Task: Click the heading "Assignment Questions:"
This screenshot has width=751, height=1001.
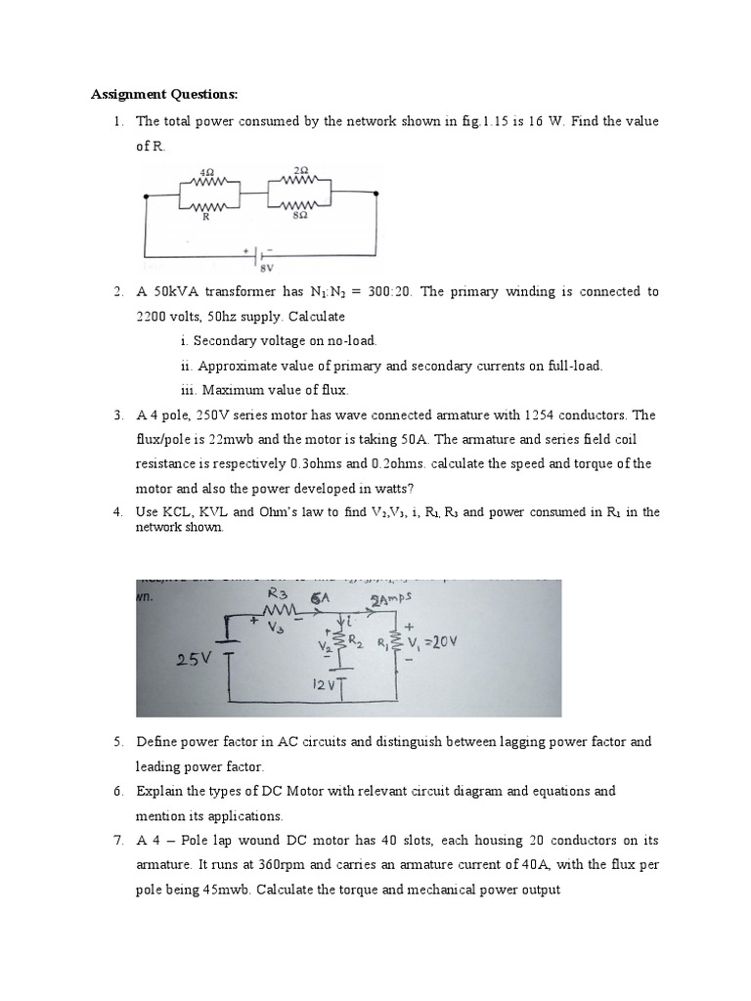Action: [164, 95]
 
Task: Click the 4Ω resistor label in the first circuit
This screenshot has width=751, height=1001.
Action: [206, 170]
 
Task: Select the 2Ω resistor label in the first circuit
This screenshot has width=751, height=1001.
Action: [300, 170]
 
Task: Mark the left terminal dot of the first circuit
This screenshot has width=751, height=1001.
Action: [147, 196]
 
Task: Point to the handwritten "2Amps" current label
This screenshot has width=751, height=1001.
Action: [390, 599]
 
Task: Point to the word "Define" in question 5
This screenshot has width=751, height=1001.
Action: [155, 743]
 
